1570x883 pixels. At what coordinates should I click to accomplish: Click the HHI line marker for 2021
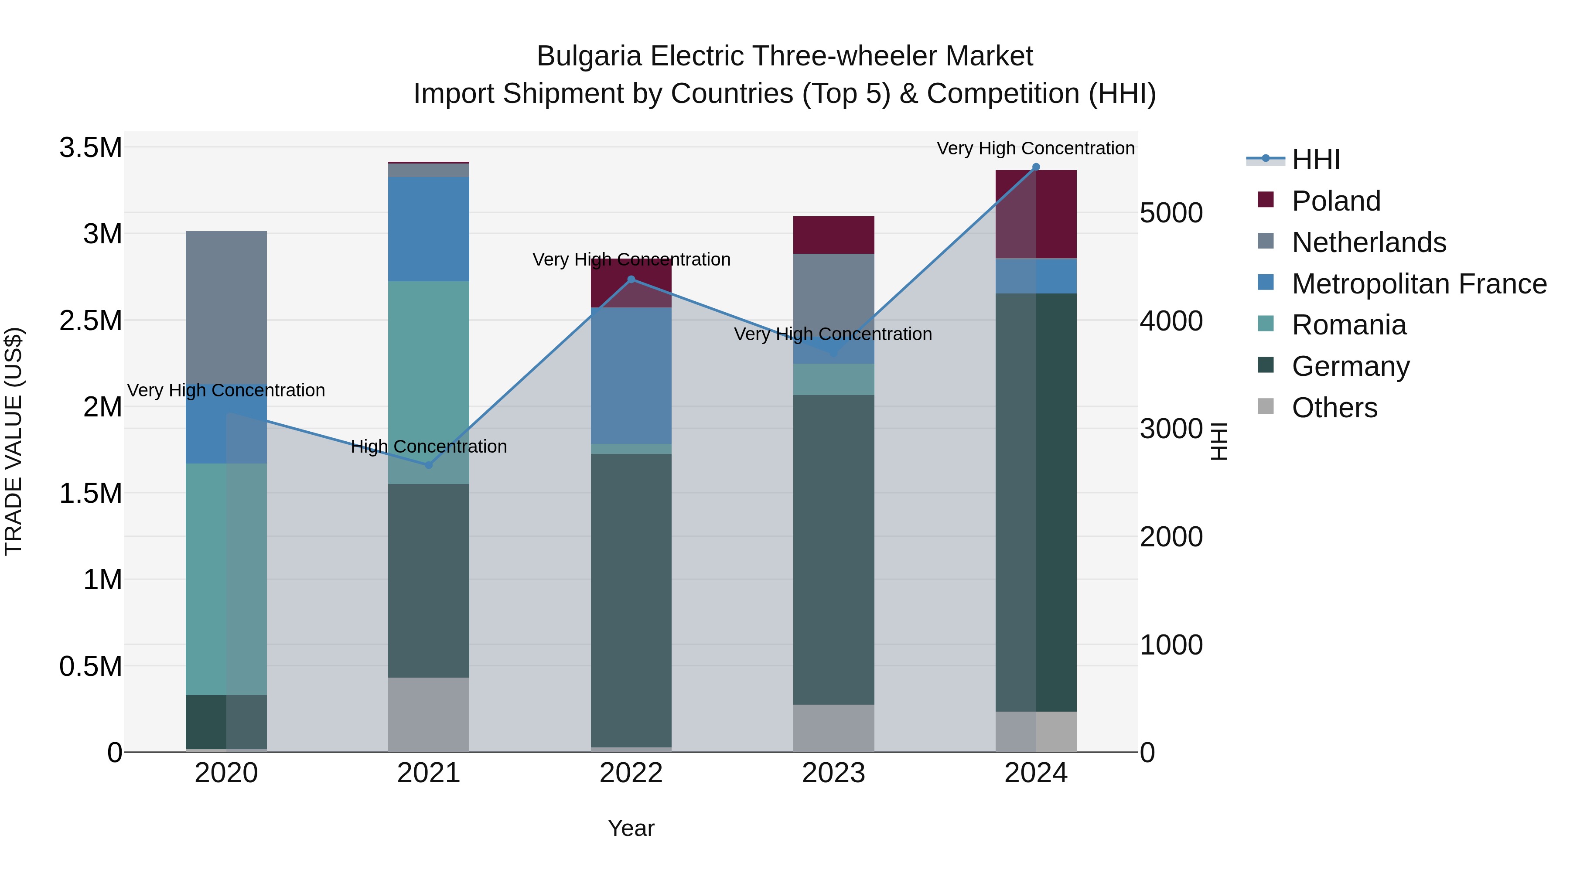[428, 465]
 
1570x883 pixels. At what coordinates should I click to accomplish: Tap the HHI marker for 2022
[631, 280]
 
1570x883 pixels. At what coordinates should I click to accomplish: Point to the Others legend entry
[1334, 408]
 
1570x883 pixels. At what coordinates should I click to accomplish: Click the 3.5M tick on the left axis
[91, 147]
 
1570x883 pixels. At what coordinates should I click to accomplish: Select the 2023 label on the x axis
[833, 773]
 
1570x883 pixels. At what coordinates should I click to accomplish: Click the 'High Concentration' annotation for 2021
[428, 447]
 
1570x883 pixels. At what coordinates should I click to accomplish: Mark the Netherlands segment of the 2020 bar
[226, 305]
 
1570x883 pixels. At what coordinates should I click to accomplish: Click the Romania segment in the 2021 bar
[428, 366]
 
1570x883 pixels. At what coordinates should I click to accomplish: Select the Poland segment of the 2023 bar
[833, 235]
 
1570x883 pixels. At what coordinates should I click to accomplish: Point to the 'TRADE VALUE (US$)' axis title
[14, 441]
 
